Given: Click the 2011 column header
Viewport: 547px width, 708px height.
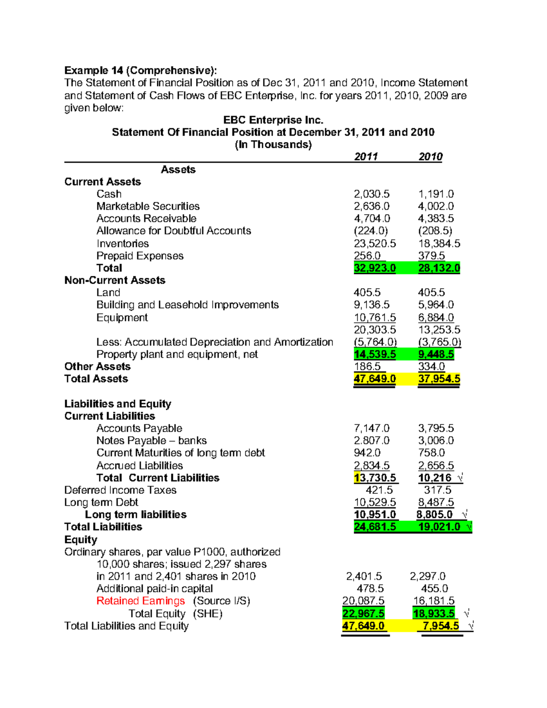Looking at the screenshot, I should click(366, 156).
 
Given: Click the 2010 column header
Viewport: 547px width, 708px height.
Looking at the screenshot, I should click(430, 156).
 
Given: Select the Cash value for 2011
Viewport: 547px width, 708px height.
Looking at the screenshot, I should click(372, 194).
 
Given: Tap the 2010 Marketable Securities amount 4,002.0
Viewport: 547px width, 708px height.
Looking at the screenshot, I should click(436, 206).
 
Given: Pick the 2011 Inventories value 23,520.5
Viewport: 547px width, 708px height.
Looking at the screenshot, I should click(375, 243).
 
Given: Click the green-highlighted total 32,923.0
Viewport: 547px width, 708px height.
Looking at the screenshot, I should click(375, 268).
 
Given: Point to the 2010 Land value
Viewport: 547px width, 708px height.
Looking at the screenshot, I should click(431, 293).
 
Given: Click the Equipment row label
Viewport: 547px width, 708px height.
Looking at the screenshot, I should click(122, 317).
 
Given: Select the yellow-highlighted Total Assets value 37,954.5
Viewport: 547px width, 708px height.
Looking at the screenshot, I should click(439, 379).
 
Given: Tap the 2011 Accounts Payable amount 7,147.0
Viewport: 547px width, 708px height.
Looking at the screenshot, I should click(372, 428).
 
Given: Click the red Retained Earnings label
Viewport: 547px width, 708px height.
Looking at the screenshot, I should click(140, 601).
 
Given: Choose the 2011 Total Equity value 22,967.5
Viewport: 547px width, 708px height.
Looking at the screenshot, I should click(363, 614).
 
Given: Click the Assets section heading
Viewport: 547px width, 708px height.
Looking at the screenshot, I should click(178, 170).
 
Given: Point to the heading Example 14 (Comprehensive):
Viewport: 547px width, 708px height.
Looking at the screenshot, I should click(140, 70).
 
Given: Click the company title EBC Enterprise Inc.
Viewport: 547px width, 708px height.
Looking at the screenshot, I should click(273, 120).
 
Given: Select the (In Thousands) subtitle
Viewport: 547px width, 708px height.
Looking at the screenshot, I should click(273, 145).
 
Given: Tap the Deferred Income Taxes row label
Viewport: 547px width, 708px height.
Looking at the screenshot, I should click(120, 490).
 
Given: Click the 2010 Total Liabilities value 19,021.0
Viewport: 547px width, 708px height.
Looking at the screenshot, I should click(439, 527).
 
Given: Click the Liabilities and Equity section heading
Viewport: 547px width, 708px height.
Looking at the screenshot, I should click(118, 403).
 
